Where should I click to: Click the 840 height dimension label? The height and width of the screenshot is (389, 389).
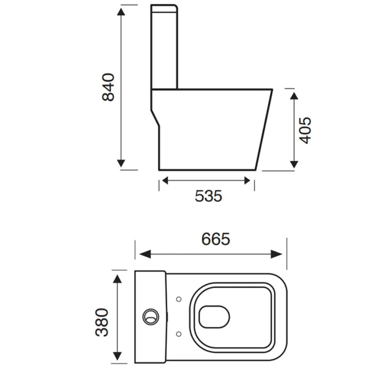(108, 87)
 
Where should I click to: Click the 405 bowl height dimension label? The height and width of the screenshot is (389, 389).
(305, 130)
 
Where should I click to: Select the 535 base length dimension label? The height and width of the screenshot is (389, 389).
(208, 196)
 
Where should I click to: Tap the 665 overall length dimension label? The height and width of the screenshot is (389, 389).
(216, 239)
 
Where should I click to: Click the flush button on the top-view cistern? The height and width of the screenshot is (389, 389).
(149, 316)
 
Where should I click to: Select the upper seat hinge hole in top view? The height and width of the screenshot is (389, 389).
(178, 300)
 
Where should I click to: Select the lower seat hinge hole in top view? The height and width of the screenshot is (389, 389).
(178, 333)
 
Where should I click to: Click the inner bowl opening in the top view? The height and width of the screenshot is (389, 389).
(213, 316)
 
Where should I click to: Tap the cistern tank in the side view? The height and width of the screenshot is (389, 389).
(164, 47)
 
